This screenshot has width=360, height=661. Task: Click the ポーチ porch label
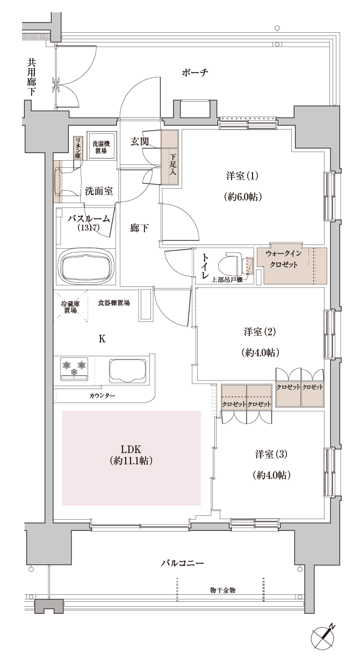195,73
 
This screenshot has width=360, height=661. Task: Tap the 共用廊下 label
31,77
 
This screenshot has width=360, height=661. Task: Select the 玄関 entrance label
140,142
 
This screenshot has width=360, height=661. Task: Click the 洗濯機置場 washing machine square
101,146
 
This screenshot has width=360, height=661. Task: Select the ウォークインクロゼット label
284,259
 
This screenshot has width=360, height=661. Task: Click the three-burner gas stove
74,369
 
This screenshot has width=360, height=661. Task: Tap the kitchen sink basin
128,371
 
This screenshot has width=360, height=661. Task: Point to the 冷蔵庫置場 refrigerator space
70,307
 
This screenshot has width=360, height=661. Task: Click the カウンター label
102,396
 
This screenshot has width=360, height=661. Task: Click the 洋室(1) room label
242,176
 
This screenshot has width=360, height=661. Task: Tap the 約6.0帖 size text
243,197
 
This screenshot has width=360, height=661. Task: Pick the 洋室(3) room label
271,454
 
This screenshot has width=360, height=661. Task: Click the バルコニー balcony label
182,563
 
